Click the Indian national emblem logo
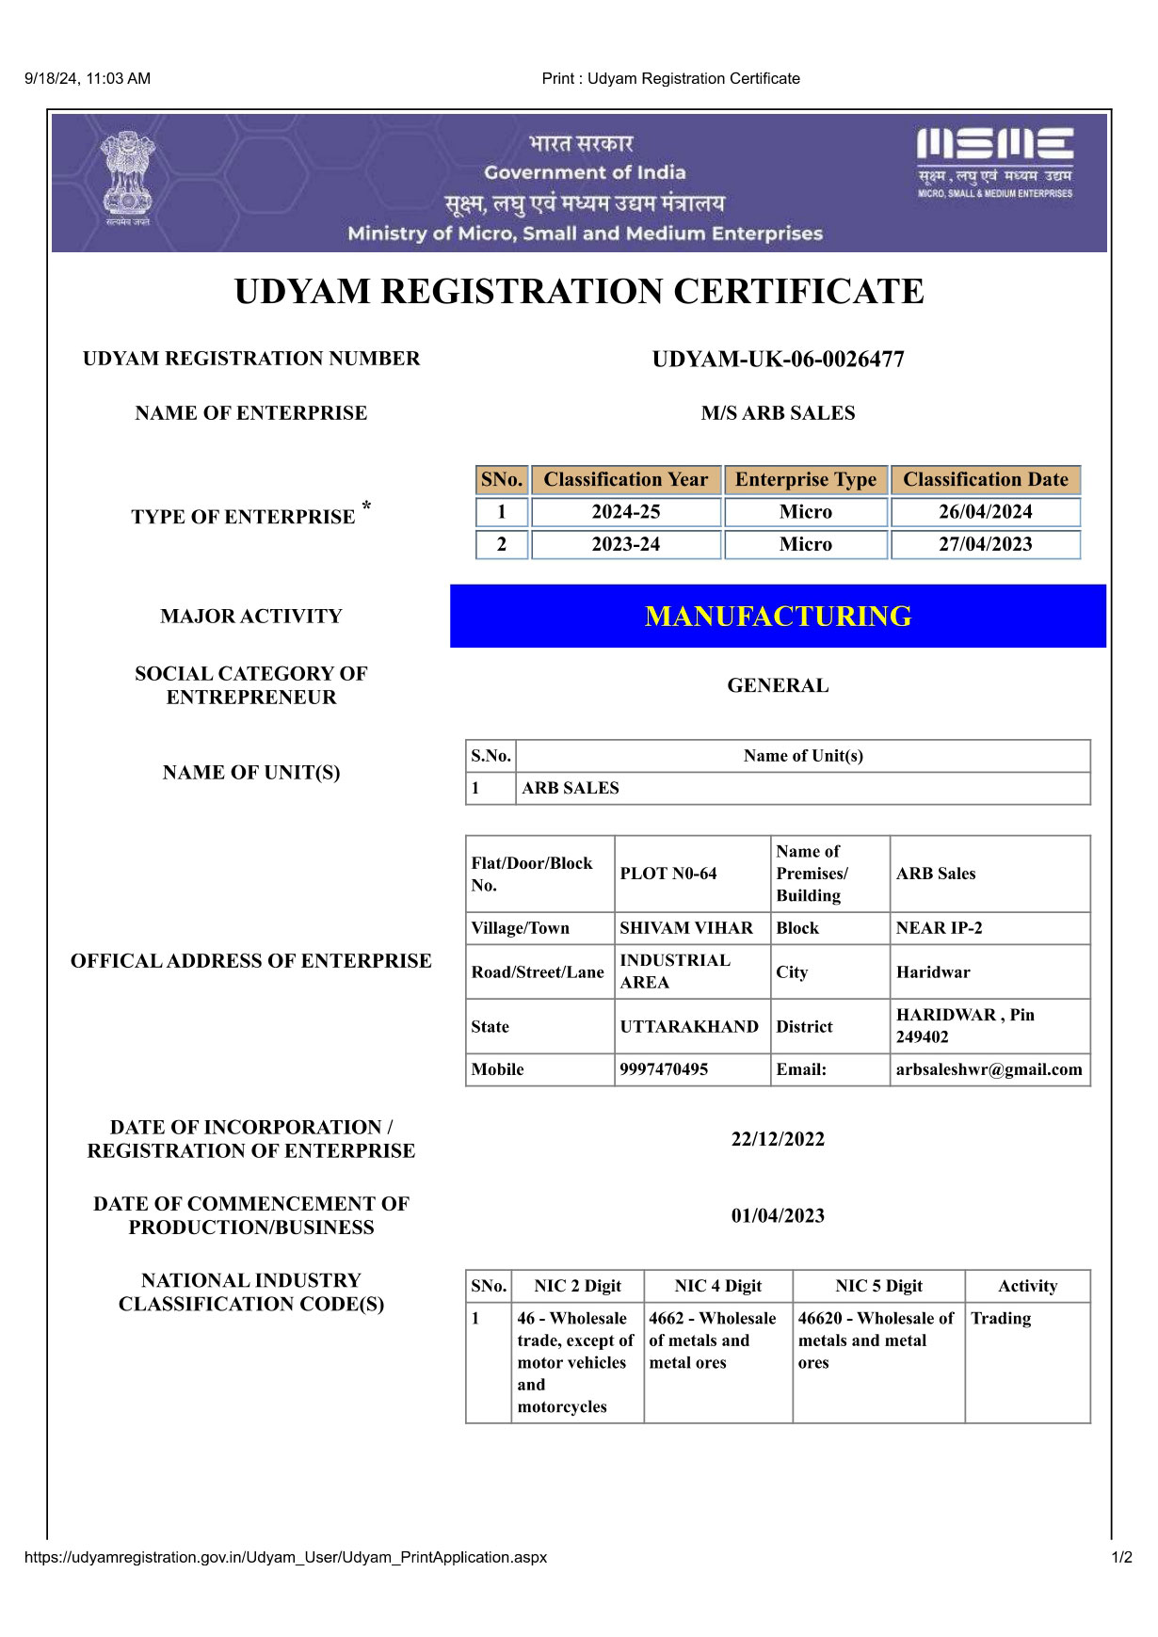coord(127,178)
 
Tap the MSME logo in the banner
coord(994,162)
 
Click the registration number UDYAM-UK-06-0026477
coord(778,360)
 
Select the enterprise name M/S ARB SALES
coord(778,413)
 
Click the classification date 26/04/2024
coord(985,512)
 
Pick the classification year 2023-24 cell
coord(625,544)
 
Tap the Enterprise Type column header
coord(805,480)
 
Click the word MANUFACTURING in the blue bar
coord(778,617)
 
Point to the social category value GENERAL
coord(778,685)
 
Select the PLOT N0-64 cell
coord(668,874)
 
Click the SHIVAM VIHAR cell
coord(686,928)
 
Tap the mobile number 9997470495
coord(664,1069)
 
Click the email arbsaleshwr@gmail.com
coord(989,1069)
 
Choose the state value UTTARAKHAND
coord(689,1026)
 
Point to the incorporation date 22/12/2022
coord(778,1139)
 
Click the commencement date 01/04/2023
coord(778,1215)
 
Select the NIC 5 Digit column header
coord(878,1286)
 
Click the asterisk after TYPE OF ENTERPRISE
coord(366,507)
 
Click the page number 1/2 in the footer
coord(1121,1557)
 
